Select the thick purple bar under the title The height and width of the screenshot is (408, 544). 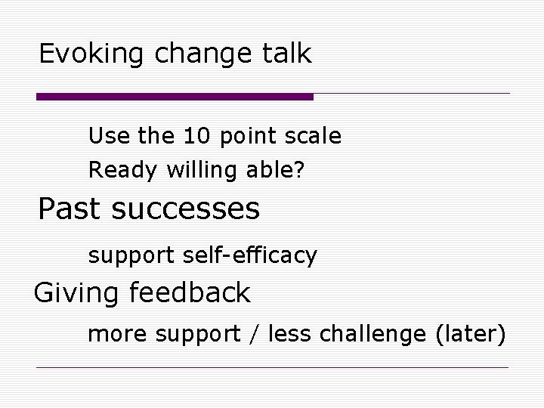click(175, 97)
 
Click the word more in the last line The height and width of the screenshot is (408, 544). click(115, 333)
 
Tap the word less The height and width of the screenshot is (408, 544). click(291, 333)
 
